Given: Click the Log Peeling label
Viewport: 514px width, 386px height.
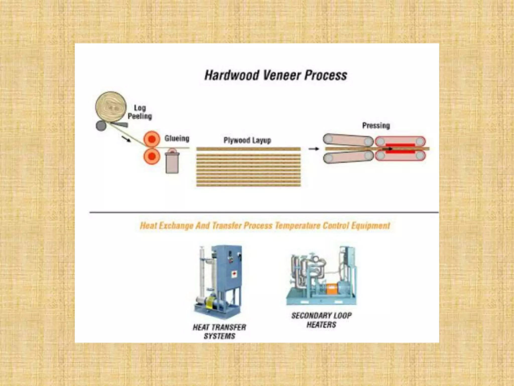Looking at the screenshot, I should tap(140, 112).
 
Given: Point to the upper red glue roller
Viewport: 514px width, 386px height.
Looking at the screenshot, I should tap(152, 139).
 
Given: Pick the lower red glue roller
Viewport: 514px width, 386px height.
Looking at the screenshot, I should tap(152, 156).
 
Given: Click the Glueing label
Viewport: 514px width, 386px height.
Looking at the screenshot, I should tap(177, 138).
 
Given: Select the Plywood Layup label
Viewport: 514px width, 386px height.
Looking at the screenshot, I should tap(247, 140).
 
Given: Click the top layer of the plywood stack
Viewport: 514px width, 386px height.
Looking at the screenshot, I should tap(248, 149).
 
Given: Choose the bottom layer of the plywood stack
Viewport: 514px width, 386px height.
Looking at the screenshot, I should tap(248, 185).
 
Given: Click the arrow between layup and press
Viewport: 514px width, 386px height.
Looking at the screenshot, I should tap(313, 149).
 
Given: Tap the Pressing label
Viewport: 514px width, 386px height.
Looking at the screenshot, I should tap(376, 126).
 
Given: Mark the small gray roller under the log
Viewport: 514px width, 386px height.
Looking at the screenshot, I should tap(101, 126).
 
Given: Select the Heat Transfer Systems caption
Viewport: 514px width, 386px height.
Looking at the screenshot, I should tap(219, 331).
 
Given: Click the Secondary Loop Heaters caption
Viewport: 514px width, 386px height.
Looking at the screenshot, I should tap(321, 320).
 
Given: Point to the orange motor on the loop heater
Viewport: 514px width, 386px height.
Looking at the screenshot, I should tap(331, 289).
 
